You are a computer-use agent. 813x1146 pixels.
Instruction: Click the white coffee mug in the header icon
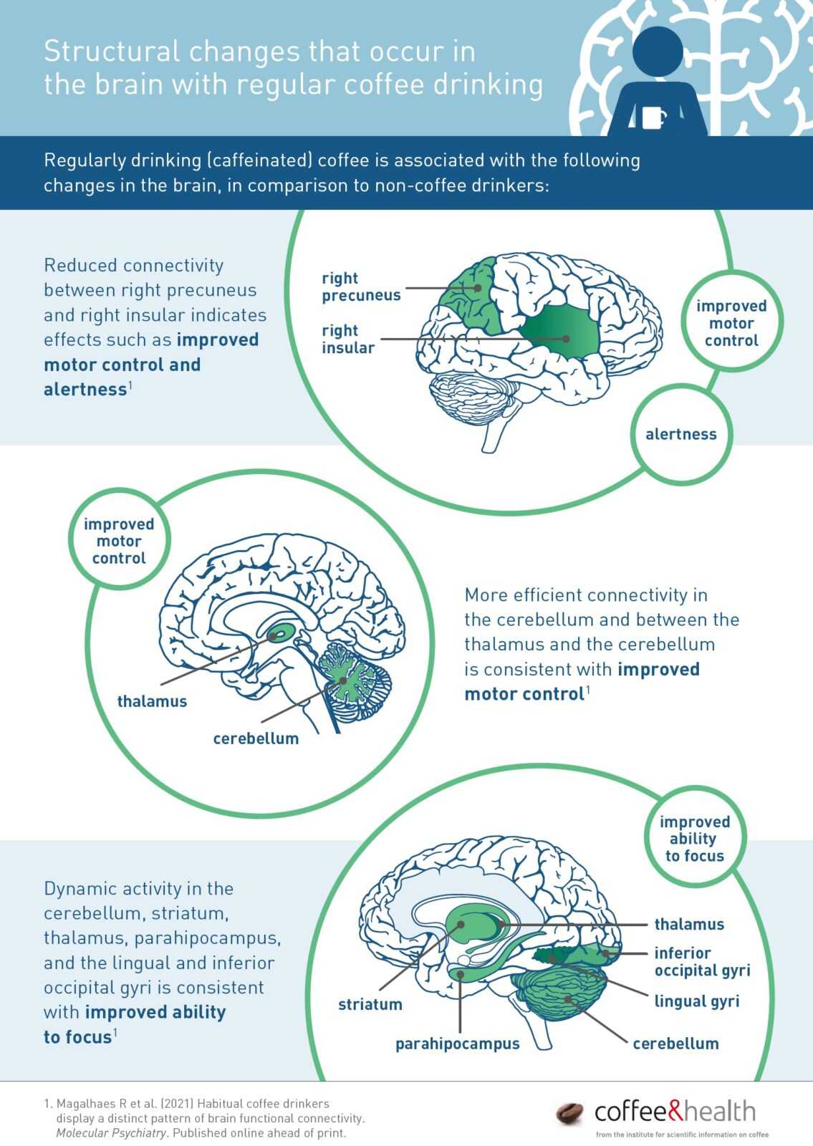[653, 117]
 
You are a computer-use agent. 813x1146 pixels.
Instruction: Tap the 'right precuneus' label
[360, 286]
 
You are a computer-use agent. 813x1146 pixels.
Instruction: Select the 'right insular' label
[348, 339]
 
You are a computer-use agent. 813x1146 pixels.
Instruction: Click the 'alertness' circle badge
[680, 434]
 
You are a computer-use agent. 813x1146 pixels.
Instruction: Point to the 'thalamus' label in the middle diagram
[152, 701]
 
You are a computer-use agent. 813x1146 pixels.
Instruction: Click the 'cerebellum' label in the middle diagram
[256, 738]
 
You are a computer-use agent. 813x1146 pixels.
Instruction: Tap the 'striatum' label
[370, 1004]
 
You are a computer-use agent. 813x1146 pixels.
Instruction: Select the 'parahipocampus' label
[457, 1044]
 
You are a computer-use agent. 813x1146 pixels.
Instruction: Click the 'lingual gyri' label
[696, 1001]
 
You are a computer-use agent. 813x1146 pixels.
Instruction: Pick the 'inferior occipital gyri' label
[702, 962]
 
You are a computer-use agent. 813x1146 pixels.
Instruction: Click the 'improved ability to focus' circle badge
[694, 839]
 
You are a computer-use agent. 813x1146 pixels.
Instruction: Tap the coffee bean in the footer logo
[571, 1113]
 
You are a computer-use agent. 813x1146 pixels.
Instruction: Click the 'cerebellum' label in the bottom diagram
[675, 1044]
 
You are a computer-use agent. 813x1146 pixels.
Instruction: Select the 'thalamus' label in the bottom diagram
[688, 924]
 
